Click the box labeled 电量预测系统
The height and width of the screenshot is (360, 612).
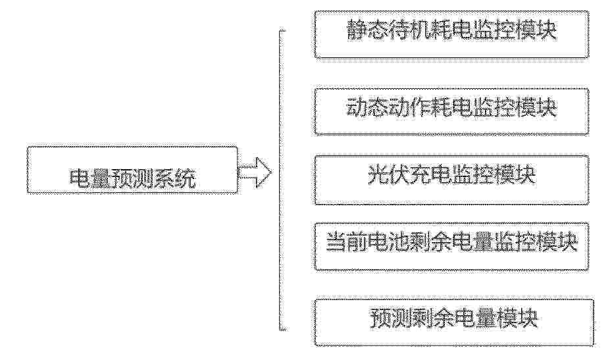coord(132,170)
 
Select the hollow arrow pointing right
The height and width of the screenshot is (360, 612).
coord(255,172)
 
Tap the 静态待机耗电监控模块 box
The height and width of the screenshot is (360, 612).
coord(451,35)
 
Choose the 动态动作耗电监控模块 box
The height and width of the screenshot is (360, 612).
coord(451,112)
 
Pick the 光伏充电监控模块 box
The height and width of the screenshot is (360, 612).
coord(451,180)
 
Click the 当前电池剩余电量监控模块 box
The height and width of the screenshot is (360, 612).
coord(451,246)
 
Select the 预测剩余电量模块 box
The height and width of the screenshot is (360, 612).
coord(454,322)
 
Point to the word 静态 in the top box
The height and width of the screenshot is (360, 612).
coord(368,30)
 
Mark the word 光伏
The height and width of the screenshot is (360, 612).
coord(389,174)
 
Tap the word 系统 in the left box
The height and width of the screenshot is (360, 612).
coord(174,179)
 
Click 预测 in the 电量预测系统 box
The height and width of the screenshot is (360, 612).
coord(132,179)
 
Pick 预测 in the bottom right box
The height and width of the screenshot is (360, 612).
coord(391,319)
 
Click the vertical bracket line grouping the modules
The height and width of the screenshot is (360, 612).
coord(280,180)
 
